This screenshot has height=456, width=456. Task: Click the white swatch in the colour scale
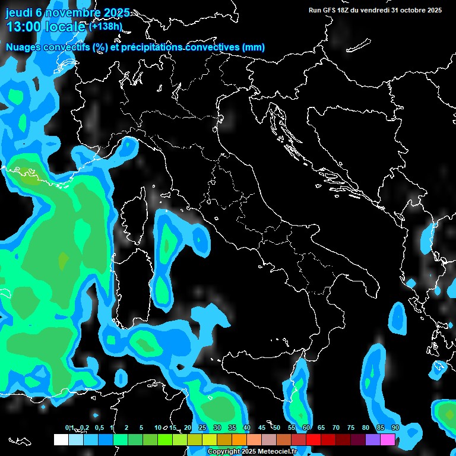point(61,439)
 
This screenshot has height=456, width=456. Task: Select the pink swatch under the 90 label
point(388,439)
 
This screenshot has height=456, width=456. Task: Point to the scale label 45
point(262,428)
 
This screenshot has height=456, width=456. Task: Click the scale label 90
point(395,428)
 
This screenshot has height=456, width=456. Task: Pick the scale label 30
point(217,428)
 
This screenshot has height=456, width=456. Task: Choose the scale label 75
point(351,428)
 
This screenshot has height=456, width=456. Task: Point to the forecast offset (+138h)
point(105,27)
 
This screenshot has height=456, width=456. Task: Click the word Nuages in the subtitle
point(23,47)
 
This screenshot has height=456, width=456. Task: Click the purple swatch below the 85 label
point(373,439)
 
